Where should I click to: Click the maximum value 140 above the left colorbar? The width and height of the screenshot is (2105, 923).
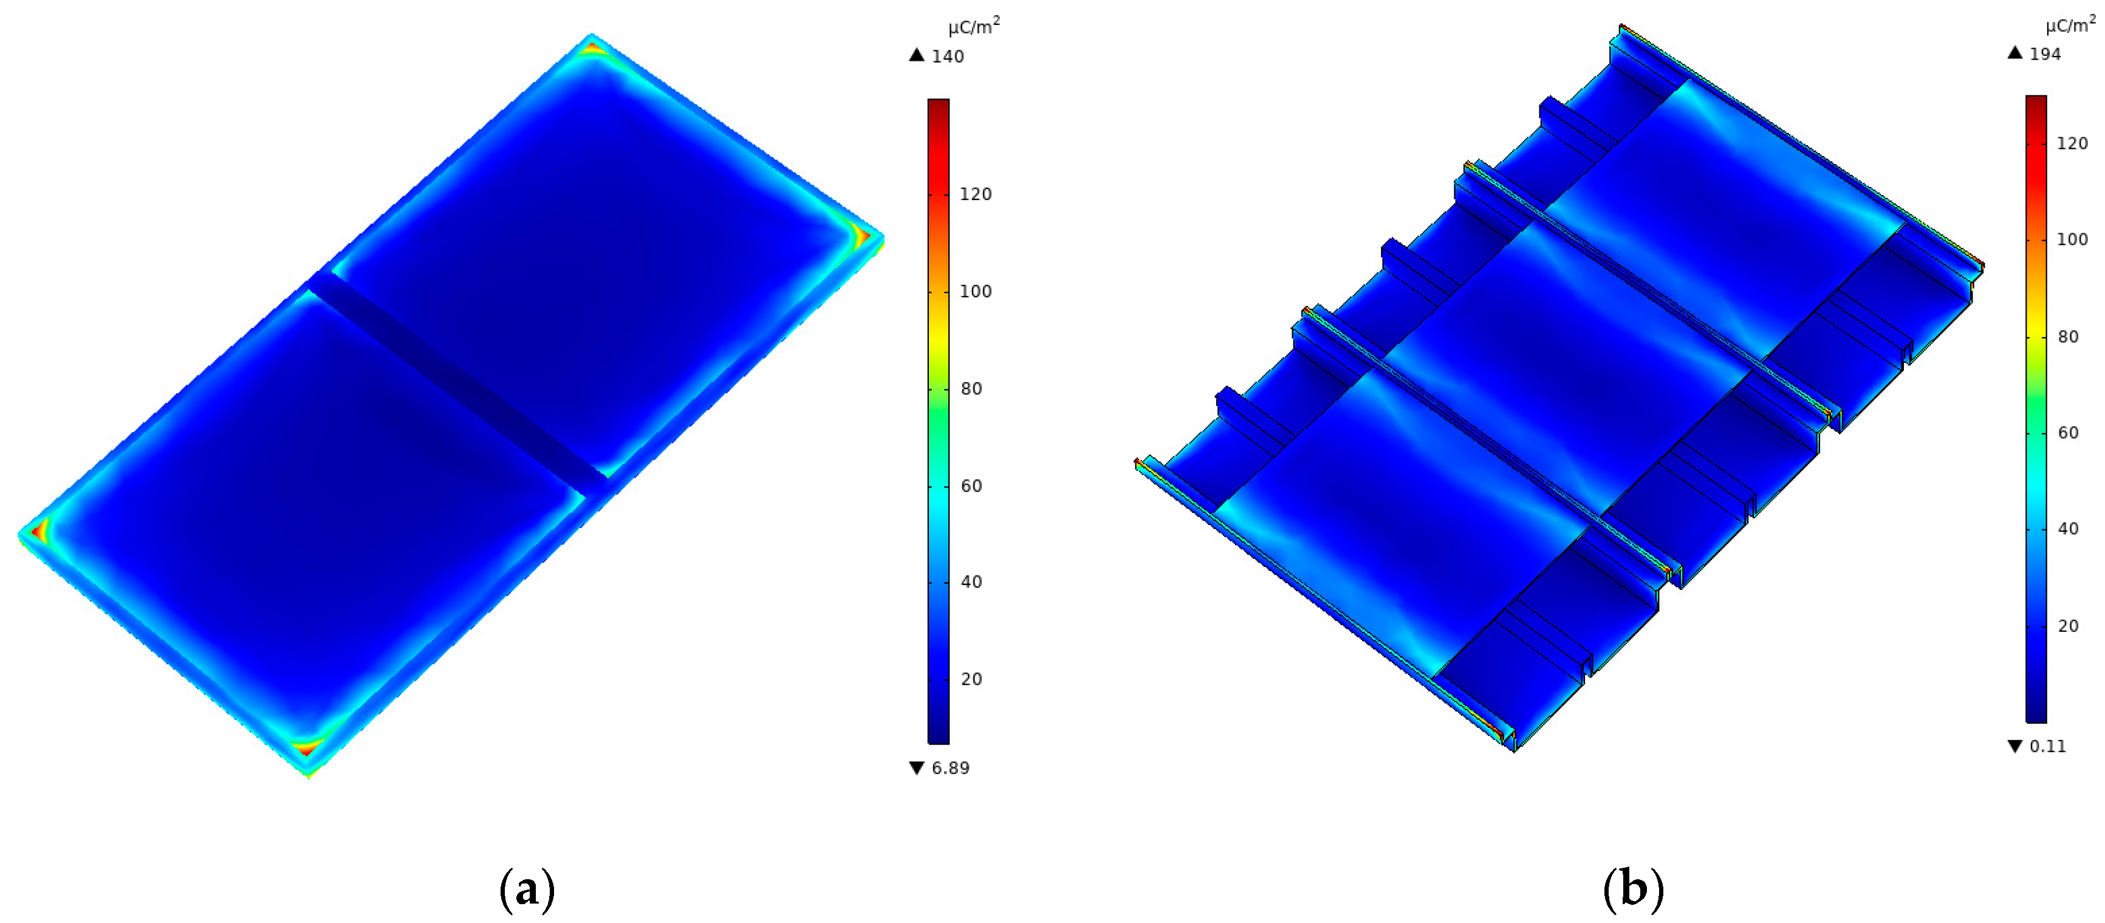(x=947, y=57)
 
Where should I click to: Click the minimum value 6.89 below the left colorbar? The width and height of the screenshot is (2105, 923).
(x=950, y=767)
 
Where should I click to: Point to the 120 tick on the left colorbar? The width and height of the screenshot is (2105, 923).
(x=975, y=194)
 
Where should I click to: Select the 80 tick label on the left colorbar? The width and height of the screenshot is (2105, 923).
(x=971, y=388)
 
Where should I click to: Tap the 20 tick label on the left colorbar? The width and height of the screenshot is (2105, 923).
(x=971, y=679)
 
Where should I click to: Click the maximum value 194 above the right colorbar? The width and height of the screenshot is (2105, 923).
(x=2045, y=54)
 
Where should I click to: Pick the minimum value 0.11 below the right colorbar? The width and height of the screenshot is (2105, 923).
(x=2048, y=746)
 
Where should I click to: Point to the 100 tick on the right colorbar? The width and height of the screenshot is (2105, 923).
(x=2072, y=239)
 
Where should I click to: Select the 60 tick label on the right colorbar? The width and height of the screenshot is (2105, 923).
(x=2068, y=433)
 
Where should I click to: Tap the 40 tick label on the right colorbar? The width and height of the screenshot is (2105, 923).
(x=2068, y=528)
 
